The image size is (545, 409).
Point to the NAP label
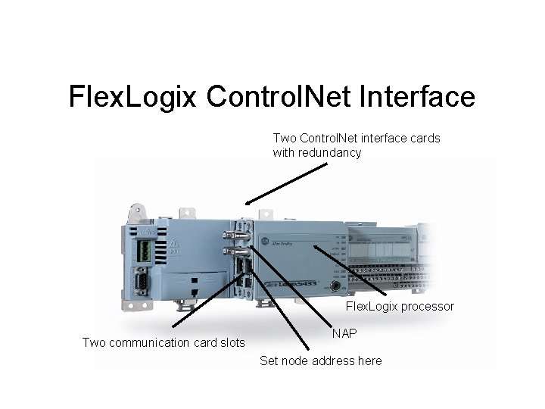point(344,333)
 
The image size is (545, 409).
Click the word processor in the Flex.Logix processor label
point(428,307)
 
